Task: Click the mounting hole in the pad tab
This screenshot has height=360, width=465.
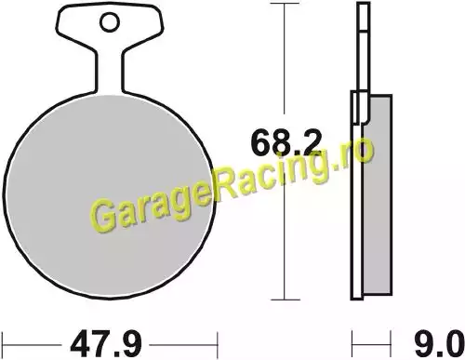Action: pos(110,21)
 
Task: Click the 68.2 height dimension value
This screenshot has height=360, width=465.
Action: pos(286,143)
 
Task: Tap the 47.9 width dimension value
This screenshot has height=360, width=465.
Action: pos(106,344)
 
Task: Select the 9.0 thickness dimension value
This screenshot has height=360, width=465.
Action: pos(438,344)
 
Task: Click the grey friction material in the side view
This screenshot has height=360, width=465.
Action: pos(377,194)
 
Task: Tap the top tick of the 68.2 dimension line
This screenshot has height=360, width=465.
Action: pos(285,4)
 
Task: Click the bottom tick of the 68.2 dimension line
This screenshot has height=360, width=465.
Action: pos(285,300)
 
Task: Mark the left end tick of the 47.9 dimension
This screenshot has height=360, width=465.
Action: pos(3,344)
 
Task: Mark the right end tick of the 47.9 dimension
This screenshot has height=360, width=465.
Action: pos(218,344)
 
